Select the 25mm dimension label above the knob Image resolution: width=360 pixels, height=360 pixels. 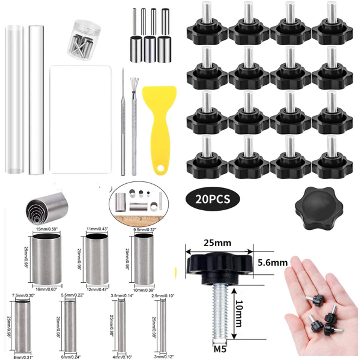point(218,243)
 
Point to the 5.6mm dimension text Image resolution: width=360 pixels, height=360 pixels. point(273,263)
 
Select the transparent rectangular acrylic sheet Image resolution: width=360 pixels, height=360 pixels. point(80,119)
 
